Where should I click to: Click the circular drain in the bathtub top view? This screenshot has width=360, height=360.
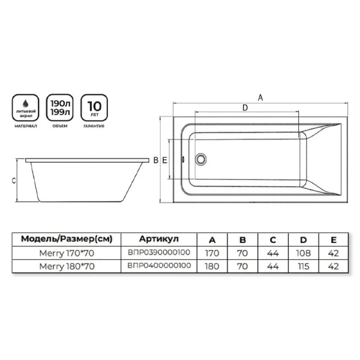point(200,159)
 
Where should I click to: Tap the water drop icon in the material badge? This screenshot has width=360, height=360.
point(26,104)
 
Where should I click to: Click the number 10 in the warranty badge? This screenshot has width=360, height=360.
point(94,106)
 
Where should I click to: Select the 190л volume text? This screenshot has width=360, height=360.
point(60,104)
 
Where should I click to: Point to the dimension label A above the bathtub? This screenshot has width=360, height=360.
point(260,98)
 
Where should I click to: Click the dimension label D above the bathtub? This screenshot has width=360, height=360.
point(245,107)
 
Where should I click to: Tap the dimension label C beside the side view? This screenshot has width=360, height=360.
point(14,181)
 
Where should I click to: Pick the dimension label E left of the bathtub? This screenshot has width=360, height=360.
point(164,160)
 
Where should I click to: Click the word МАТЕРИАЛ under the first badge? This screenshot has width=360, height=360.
point(26,126)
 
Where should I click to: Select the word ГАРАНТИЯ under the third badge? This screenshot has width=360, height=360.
point(94,126)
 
